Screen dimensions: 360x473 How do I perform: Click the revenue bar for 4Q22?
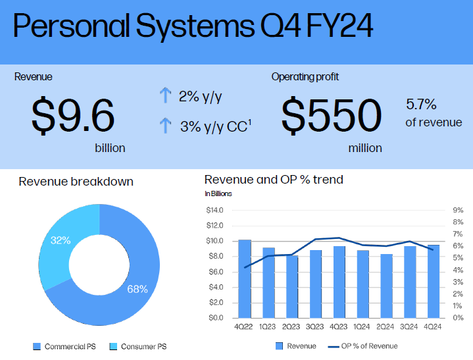pyautogui.click(x=245, y=279)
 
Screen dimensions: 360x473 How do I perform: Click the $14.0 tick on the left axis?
pyautogui.click(x=215, y=211)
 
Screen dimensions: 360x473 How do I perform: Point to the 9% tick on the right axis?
pyautogui.click(x=459, y=211)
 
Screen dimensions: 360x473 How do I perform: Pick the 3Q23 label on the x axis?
pyautogui.click(x=316, y=327)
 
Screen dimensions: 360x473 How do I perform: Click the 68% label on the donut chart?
pyautogui.click(x=137, y=289)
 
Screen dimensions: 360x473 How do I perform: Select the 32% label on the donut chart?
pyautogui.click(x=61, y=241)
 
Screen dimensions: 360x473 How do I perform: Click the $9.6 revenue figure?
pyautogui.click(x=73, y=116)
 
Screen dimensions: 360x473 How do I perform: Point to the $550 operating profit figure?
pyautogui.click(x=331, y=116)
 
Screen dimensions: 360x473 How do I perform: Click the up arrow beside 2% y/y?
pyautogui.click(x=165, y=97)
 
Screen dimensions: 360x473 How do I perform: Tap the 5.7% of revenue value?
pyautogui.click(x=421, y=105)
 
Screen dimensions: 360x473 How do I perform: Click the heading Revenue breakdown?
pyautogui.click(x=76, y=182)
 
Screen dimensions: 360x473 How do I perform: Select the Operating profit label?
pyautogui.click(x=305, y=77)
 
